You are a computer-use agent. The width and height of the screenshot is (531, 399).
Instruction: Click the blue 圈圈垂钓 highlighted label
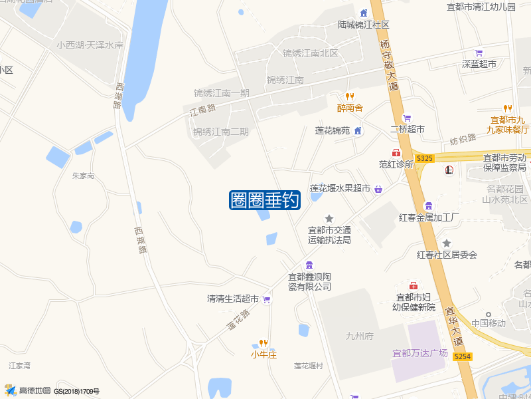(265, 200)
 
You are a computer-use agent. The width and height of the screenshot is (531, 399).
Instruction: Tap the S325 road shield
(425, 158)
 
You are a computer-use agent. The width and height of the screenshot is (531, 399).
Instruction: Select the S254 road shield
(463, 357)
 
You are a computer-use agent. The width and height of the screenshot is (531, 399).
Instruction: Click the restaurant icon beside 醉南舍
(350, 96)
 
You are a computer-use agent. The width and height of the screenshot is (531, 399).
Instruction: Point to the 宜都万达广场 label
(420, 353)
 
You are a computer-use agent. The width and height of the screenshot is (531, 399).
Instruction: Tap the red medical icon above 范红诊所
(396, 153)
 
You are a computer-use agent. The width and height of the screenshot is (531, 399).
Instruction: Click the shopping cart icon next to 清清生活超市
(266, 300)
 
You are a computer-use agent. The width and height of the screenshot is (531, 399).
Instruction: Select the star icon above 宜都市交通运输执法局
(329, 218)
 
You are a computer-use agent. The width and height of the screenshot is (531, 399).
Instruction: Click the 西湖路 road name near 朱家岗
(139, 240)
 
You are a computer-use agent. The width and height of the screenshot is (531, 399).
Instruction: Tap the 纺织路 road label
(463, 139)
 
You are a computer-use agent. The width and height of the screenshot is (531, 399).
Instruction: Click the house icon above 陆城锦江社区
(363, 13)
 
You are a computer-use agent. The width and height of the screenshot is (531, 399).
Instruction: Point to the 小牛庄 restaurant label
(263, 354)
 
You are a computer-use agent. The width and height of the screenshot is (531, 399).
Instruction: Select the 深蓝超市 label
(479, 65)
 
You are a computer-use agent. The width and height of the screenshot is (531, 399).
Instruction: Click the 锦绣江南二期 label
(221, 132)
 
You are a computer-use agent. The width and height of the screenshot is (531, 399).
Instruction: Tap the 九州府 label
(360, 336)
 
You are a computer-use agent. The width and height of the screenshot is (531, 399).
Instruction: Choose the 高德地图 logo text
(35, 390)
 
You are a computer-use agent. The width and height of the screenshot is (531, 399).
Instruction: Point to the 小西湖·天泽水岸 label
(90, 46)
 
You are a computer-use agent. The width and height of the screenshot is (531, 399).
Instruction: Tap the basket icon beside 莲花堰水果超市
(378, 190)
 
